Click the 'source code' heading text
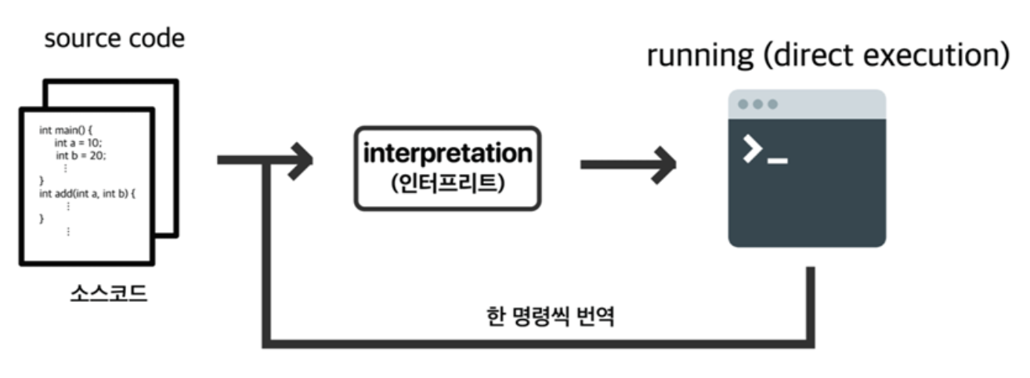coord(114,38)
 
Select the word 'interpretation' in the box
coord(447,154)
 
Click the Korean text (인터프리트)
coord(447,186)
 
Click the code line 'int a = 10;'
coord(78,143)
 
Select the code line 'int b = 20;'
coord(80,155)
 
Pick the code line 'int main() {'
coord(66,130)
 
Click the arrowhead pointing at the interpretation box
coord(301,160)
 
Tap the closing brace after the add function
coord(42,218)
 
